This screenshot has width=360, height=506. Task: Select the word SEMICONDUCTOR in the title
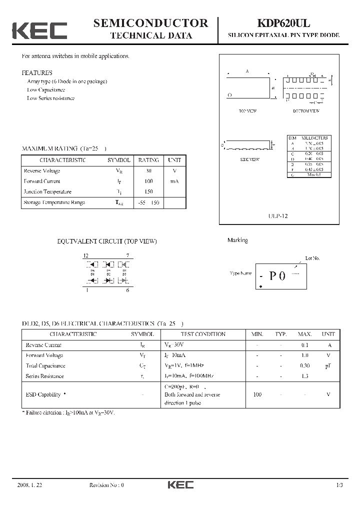click(x=150, y=23)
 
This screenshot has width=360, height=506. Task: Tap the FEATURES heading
click(x=37, y=72)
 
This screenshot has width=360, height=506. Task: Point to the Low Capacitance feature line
click(x=46, y=90)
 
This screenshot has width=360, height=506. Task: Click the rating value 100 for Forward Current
click(x=148, y=181)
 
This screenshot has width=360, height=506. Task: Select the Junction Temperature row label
click(x=47, y=191)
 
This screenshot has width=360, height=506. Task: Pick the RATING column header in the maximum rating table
click(x=148, y=160)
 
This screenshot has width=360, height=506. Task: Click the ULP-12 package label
click(x=278, y=216)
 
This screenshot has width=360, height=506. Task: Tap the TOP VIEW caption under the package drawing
click(x=247, y=111)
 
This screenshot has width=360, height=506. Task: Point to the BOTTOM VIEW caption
click(x=306, y=111)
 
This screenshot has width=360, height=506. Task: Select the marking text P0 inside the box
click(x=277, y=275)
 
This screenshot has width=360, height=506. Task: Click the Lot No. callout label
click(x=312, y=258)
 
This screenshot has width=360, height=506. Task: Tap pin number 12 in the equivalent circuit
click(x=86, y=255)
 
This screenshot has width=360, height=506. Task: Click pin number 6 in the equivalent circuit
click(x=128, y=290)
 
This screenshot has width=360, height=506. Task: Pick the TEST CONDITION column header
click(x=202, y=334)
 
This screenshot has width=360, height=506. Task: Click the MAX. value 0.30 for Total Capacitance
click(x=304, y=365)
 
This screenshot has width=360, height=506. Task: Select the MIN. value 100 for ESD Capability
click(x=257, y=394)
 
